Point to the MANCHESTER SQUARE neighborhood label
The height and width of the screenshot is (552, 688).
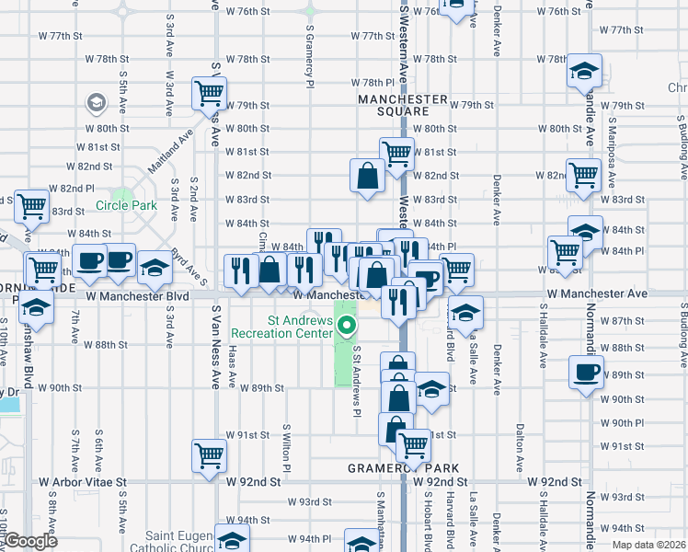click(x=403, y=106)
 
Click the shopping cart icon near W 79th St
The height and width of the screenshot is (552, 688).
click(x=210, y=92)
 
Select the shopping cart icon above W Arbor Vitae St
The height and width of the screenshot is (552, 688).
click(x=210, y=454)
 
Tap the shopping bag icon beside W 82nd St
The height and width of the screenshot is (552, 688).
click(x=367, y=175)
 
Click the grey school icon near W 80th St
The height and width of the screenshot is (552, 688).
click(x=95, y=103)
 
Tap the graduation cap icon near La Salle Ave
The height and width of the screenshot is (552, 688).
click(x=466, y=313)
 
